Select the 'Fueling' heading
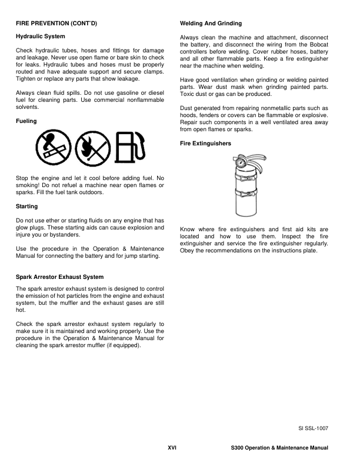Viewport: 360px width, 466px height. (x=26, y=121)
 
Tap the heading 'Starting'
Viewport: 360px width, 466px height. (x=27, y=207)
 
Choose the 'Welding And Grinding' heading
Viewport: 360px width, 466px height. (x=211, y=23)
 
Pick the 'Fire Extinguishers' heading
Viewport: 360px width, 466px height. (x=206, y=143)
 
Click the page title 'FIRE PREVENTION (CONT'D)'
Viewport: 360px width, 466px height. (x=56, y=23)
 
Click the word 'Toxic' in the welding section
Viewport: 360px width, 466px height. (x=188, y=95)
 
